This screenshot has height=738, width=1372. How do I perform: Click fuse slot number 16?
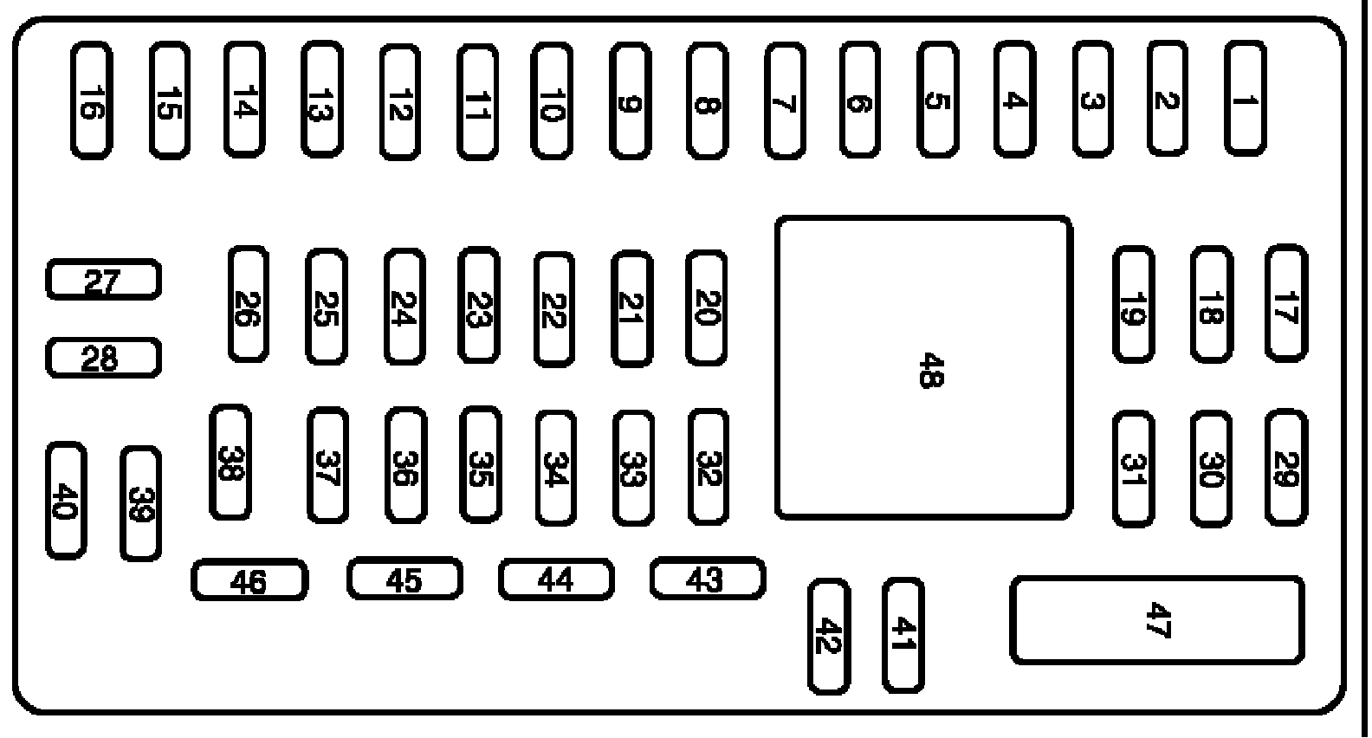tap(91, 101)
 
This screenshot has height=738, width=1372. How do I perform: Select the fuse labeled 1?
tap(1245, 99)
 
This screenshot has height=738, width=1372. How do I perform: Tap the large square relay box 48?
tap(924, 368)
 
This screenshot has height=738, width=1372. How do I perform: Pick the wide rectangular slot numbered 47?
tap(1157, 620)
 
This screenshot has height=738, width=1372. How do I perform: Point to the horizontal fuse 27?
tap(103, 280)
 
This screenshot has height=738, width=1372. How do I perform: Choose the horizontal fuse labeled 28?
tap(103, 358)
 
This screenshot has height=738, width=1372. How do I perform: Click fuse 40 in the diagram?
tap(66, 501)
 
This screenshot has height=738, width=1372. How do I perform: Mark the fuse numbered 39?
tap(140, 503)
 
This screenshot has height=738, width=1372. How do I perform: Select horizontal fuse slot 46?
tap(249, 580)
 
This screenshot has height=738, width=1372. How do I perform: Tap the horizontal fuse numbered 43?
tap(708, 579)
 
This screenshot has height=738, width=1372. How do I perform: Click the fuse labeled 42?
tap(829, 637)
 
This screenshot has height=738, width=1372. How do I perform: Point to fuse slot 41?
tap(903, 637)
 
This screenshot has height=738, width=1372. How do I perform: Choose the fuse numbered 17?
tap(1286, 303)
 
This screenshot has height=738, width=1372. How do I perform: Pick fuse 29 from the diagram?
tap(1286, 468)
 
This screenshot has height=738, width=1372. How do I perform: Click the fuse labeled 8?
tap(707, 101)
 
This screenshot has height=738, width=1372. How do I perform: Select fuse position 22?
tap(553, 309)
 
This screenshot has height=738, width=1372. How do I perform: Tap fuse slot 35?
tap(480, 466)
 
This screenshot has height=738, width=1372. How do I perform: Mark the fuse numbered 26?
tap(248, 305)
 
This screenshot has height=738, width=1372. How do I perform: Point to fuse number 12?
tap(399, 103)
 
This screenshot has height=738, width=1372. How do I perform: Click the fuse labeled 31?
tap(1133, 469)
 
